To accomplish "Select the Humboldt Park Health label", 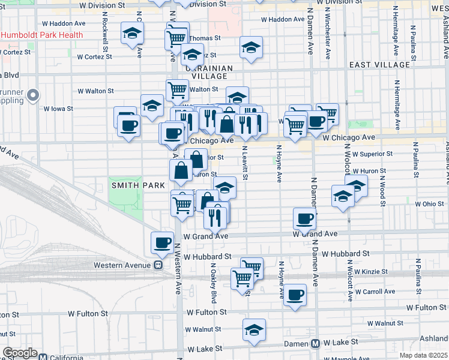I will click(x=42, y=35).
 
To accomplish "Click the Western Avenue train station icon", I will click(x=158, y=264).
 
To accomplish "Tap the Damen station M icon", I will click(x=315, y=343).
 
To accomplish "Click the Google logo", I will click(x=20, y=353).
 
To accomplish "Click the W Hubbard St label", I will click(x=208, y=256).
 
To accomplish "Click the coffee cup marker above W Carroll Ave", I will click(x=295, y=295).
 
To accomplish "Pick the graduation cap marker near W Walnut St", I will click(x=254, y=329).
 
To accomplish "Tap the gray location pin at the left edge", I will click(x=33, y=95).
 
